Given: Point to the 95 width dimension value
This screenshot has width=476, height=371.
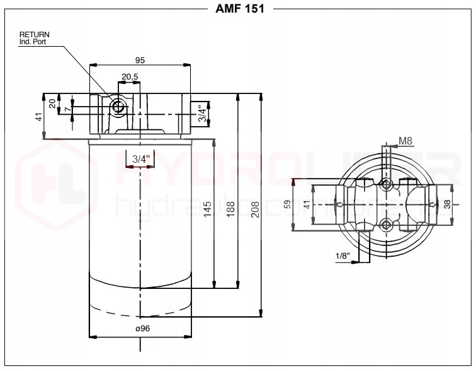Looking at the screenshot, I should [x=140, y=60].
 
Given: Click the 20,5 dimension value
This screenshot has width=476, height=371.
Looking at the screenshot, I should [x=130, y=76].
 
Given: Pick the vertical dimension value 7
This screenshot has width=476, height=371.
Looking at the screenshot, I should [x=62, y=109].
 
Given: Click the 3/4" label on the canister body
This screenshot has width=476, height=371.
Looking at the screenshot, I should [x=140, y=160].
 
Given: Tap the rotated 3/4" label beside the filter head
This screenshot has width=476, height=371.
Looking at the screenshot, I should [x=202, y=114].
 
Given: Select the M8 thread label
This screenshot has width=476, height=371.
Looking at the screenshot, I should [x=405, y=141].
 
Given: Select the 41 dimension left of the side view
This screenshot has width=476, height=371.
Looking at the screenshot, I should [x=38, y=117].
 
